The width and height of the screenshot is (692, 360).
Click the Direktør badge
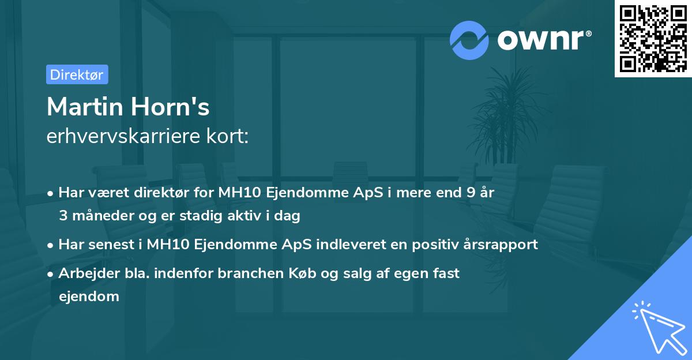click(x=77, y=74)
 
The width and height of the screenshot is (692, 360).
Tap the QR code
click(x=653, y=38)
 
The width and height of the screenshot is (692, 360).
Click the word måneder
click(x=101, y=216)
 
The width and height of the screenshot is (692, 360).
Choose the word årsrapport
click(x=499, y=245)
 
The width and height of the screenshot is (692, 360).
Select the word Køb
click(x=294, y=273)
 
